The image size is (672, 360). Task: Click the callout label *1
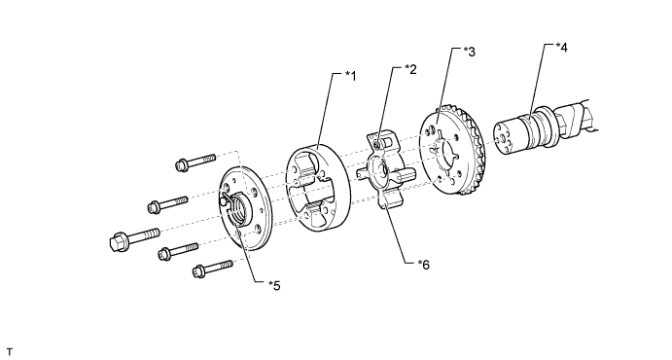pyautogui.click(x=350, y=76)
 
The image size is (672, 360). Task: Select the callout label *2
pyautogui.click(x=410, y=69)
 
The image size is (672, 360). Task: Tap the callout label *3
pyautogui.click(x=470, y=52)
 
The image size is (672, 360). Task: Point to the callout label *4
pyautogui.click(x=561, y=48)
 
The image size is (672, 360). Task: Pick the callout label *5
pyautogui.click(x=274, y=285)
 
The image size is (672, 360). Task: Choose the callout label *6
pyautogui.click(x=423, y=265)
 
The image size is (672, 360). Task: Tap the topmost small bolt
pyautogui.click(x=195, y=162)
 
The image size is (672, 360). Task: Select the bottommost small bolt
pyautogui.click(x=213, y=268)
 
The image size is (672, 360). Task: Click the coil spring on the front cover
pyautogui.click(x=236, y=208)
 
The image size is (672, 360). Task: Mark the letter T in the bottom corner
pyautogui.click(x=10, y=352)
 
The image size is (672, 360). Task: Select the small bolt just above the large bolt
pyautogui.click(x=168, y=204)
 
